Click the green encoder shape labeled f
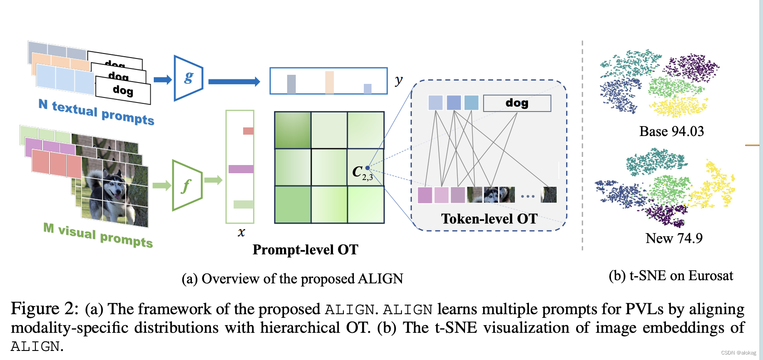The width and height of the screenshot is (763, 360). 186,185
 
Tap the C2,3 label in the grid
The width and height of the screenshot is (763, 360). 362,173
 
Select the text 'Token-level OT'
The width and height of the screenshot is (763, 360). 489,219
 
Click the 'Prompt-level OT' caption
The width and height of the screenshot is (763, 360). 305,250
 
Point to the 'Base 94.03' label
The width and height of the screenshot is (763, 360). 671,131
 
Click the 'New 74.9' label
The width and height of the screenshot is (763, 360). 674,238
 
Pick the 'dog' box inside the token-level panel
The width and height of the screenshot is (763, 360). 517,103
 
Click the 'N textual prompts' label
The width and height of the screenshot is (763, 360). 97,112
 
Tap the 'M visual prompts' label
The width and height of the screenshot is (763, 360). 98,235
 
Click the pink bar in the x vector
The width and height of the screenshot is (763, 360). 248,131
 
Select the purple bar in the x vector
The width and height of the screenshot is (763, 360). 241,169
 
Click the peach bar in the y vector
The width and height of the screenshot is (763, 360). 329,83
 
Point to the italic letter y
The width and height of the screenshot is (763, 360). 398,80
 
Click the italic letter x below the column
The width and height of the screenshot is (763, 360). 241,233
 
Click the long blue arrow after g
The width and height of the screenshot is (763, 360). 234,82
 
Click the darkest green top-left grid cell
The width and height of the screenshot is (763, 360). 293,130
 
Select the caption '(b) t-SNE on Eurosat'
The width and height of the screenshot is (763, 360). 670,276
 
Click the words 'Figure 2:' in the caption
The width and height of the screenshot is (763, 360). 44,309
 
